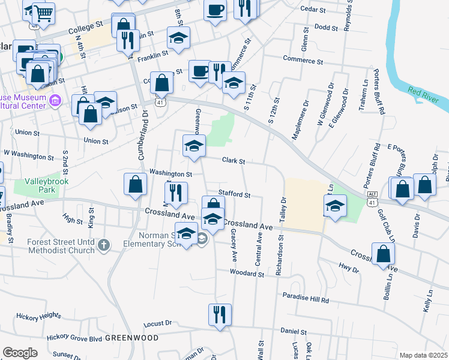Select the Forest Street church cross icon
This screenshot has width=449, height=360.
104,244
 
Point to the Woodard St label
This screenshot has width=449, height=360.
247,273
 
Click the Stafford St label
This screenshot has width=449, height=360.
234,194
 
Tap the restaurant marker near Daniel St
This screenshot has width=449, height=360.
220,314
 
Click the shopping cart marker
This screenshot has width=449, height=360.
43,13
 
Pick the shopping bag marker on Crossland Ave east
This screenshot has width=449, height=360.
383,254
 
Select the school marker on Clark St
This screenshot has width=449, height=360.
194,146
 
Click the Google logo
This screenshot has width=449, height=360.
20,353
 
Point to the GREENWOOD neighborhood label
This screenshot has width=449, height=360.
132,338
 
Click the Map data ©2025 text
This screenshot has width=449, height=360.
424,355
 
